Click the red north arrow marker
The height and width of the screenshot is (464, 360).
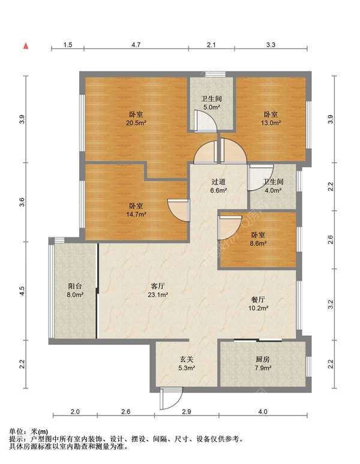coord(26,46)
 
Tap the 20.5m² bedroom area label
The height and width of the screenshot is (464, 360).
coord(136,118)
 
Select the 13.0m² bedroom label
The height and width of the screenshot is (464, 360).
coord(271,118)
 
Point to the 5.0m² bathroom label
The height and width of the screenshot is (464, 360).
coord(211,103)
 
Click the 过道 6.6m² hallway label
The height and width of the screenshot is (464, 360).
coord(218,186)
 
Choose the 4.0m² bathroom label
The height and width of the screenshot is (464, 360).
coord(273,186)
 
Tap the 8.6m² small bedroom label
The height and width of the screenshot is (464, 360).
coord(258,239)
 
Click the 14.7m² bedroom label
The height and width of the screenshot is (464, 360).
coord(136,209)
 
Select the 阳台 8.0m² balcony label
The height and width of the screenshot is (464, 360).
coord(75,290)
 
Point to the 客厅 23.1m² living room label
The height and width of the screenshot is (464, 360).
coord(158,290)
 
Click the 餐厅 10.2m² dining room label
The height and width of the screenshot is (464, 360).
coord(258,303)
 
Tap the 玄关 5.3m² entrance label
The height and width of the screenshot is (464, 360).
coord(187,364)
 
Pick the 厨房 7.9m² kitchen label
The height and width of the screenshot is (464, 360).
coord(263,364)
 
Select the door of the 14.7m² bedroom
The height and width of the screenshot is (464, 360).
coord(179,210)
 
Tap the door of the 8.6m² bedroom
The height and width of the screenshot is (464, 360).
coord(229,227)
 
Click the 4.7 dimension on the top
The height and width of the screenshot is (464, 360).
coord(136,45)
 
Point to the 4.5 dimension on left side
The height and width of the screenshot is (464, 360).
coord(22,291)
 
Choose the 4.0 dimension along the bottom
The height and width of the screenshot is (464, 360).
coord(263,411)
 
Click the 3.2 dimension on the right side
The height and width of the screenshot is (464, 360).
coord(331,304)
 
